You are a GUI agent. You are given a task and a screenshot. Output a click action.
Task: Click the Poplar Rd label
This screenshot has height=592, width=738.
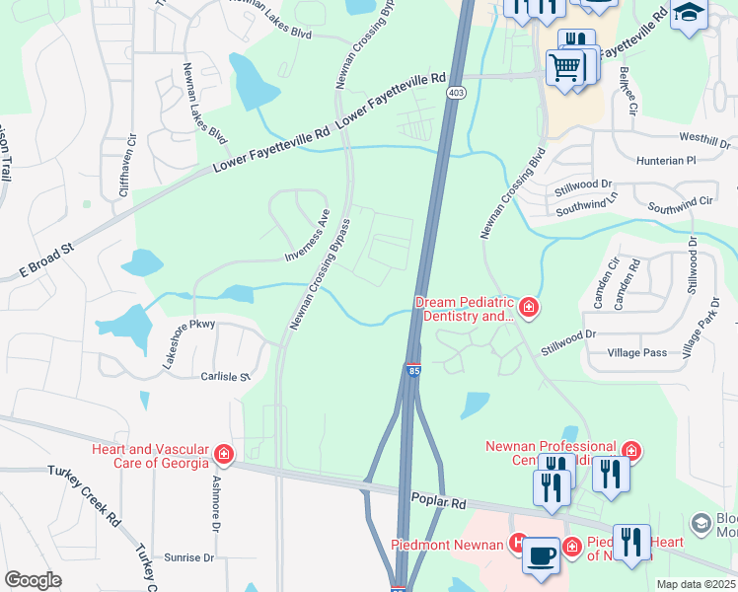point(441,502)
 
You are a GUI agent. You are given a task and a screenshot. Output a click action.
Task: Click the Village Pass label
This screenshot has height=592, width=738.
point(638,352)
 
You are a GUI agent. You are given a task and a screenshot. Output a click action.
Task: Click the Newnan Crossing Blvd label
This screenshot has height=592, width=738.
point(511,193)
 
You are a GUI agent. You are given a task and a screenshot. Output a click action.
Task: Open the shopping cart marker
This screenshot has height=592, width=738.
point(564,67)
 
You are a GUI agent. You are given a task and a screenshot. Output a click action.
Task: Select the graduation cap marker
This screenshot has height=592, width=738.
point(689,13)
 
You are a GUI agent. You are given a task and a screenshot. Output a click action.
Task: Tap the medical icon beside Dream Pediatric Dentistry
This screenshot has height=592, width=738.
point(529,308)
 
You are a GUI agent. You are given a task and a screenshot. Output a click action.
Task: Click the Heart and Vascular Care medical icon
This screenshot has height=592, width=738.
point(224,455)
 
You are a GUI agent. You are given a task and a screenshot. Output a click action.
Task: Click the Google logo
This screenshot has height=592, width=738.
point(34,579)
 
